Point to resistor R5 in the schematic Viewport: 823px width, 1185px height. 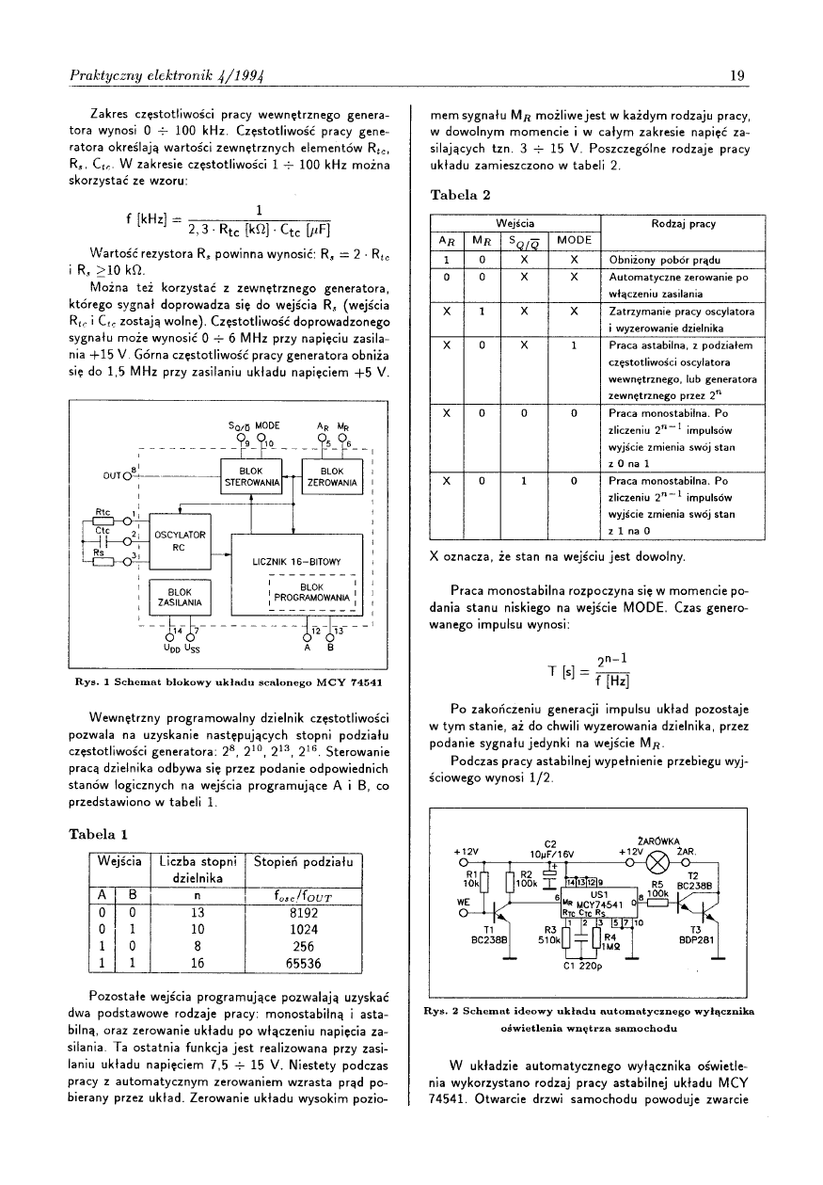[657, 897]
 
